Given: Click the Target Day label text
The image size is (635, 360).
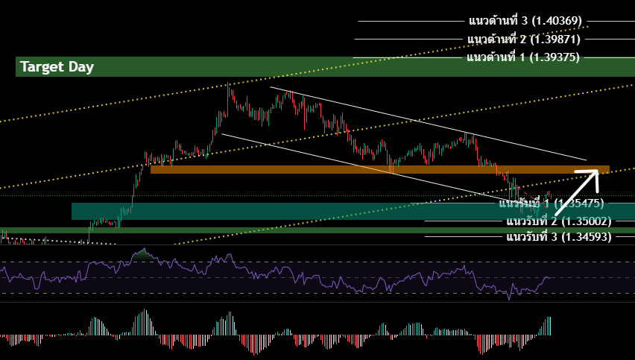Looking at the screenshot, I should coord(57,67).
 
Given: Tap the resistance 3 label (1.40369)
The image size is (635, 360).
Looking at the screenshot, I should coord(525,20).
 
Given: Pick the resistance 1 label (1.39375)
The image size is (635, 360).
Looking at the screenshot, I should coord(522,57).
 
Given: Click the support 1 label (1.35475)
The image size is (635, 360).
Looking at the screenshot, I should coord(551,203).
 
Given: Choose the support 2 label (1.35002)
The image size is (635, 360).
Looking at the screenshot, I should coord(558,221).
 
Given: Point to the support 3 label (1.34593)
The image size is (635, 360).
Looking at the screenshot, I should coord(558,237).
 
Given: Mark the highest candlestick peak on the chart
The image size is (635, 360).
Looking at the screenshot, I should coord(228,87).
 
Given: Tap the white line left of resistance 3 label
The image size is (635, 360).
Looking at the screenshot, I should coord(410,21).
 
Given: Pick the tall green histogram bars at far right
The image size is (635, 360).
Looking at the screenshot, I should coord(549,326).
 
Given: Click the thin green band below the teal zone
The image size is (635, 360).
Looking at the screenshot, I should coord(224,230).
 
